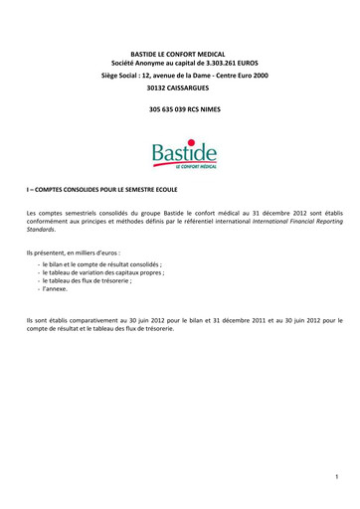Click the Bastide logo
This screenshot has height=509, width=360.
[179, 156]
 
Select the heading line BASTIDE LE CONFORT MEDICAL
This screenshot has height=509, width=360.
[180, 50]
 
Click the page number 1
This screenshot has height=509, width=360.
[337, 478]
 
